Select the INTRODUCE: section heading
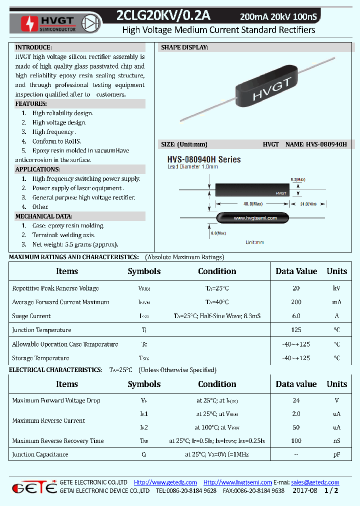click(33, 47)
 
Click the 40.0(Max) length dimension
click(252, 203)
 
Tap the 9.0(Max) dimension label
click(297, 179)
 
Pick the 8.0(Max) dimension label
click(218, 233)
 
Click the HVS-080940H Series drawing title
click(203, 159)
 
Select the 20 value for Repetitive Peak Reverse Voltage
click(296, 288)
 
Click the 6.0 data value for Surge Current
click(296, 316)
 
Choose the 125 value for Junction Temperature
click(296, 330)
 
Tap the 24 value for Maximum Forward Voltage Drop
click(296, 400)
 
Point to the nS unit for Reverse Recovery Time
click(336, 441)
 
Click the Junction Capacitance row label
click(40, 454)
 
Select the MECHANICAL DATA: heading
click(43, 216)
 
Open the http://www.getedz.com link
click(165, 482)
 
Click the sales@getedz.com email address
click(315, 482)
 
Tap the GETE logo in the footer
click(34, 487)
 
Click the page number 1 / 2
click(331, 491)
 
